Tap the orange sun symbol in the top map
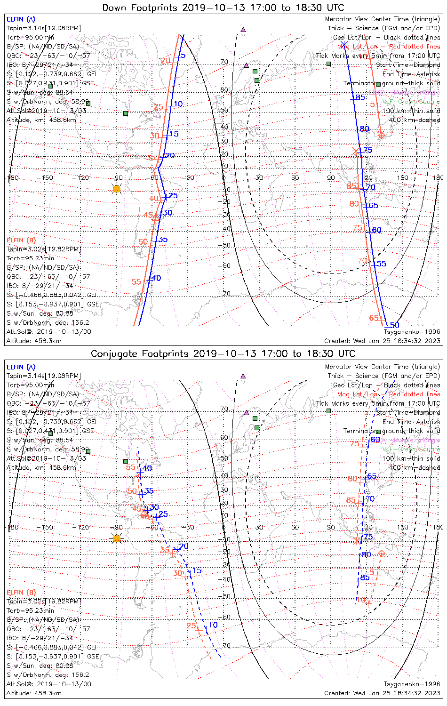[x=117, y=189]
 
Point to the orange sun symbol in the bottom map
[x=117, y=538]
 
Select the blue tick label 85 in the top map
[x=360, y=97]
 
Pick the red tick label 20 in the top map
[x=165, y=61]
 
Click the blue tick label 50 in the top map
[x=394, y=325]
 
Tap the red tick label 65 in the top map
[x=374, y=318]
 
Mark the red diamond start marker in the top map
[x=381, y=136]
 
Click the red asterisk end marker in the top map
[x=355, y=151]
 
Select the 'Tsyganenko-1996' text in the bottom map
[x=412, y=684]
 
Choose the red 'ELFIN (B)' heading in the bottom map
[x=21, y=592]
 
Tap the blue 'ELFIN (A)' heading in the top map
[x=21, y=19]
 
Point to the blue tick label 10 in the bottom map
[x=213, y=625]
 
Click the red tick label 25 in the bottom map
[x=191, y=626]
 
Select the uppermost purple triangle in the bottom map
[x=243, y=376]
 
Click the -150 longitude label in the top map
[x=47, y=177]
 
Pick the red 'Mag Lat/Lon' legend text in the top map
[x=358, y=47]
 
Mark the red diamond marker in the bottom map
[x=381, y=554]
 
